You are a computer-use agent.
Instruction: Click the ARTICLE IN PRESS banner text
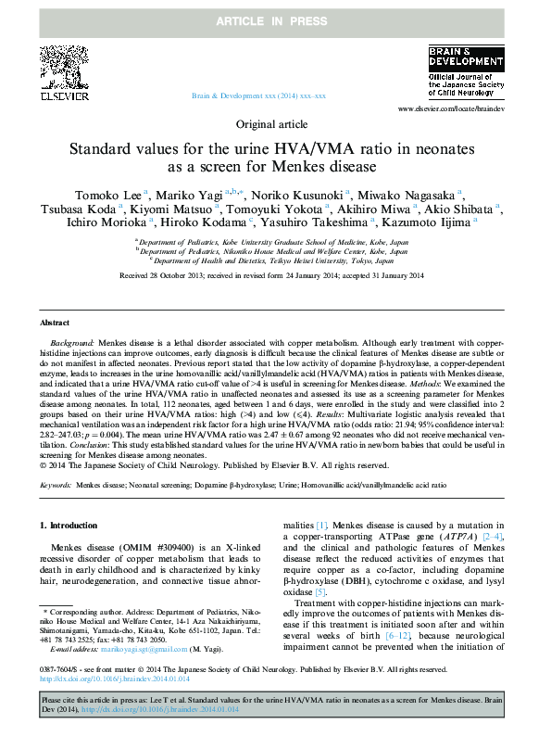275,19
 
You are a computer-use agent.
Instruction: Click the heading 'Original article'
275,123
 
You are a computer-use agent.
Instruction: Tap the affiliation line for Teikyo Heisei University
275,261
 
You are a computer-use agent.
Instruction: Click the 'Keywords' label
56,485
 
